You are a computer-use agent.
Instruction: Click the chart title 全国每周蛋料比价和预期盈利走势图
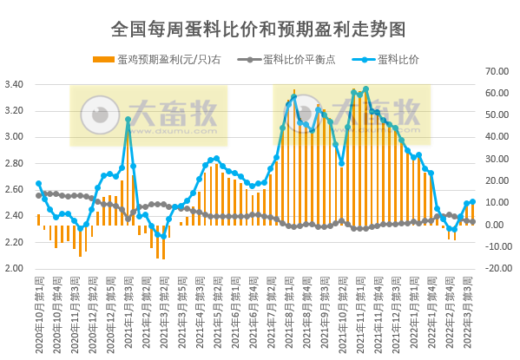tap(259, 29)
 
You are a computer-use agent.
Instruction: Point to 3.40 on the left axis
tap(14, 84)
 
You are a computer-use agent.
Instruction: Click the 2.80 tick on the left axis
tap(14, 163)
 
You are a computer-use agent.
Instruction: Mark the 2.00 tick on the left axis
tap(14, 268)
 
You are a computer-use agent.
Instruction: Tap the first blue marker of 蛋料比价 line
tap(38, 184)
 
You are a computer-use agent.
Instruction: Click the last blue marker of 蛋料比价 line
tap(472, 202)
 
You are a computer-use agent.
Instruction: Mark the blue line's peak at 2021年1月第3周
tap(128, 120)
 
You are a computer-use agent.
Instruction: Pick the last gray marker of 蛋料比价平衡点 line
tap(472, 222)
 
